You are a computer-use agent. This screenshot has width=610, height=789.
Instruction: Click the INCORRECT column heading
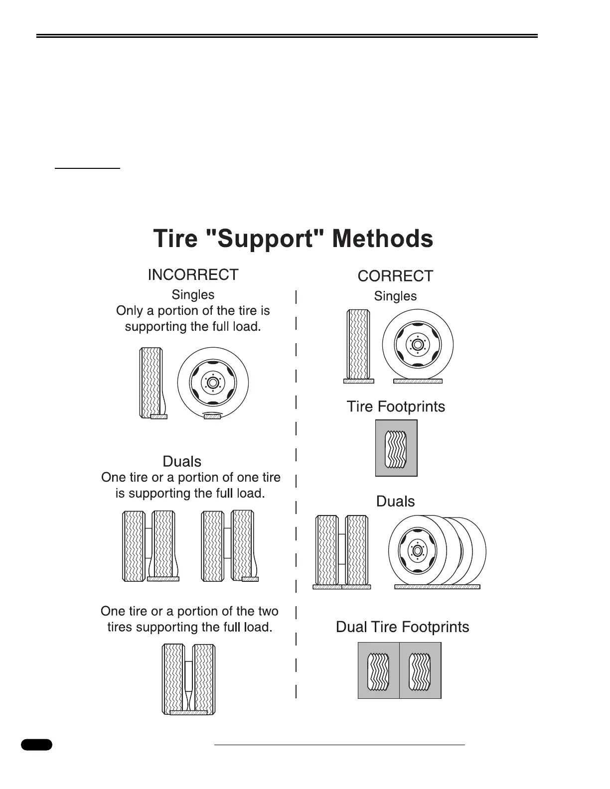coord(193,274)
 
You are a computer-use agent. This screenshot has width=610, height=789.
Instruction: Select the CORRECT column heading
coord(395,276)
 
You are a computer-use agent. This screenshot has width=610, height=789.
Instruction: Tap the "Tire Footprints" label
coord(396,406)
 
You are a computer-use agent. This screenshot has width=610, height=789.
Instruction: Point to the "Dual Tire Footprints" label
coord(402,627)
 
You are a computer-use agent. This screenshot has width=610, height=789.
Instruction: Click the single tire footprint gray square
coord(396,448)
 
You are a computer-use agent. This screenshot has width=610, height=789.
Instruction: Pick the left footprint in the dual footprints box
coord(379,670)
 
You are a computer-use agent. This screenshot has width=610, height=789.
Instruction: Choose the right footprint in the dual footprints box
coord(420,670)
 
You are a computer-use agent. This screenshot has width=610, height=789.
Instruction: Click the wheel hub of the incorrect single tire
coord(213,383)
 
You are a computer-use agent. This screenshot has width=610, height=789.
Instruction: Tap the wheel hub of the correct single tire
coord(418,345)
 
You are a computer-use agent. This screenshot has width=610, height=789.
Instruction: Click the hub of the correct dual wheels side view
coord(417,551)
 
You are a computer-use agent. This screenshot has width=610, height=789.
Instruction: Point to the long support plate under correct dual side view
coord(437,587)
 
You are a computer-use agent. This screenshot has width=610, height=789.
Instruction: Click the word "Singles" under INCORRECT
coord(193,295)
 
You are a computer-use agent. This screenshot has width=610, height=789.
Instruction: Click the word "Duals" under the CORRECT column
coord(395,501)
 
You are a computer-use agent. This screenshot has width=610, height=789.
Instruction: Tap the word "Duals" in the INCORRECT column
coord(182,461)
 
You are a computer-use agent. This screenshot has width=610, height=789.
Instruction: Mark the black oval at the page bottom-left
coord(36,745)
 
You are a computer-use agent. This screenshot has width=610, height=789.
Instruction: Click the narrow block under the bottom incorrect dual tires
coord(188,712)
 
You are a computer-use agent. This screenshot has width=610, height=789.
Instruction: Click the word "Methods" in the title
coord(382,239)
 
